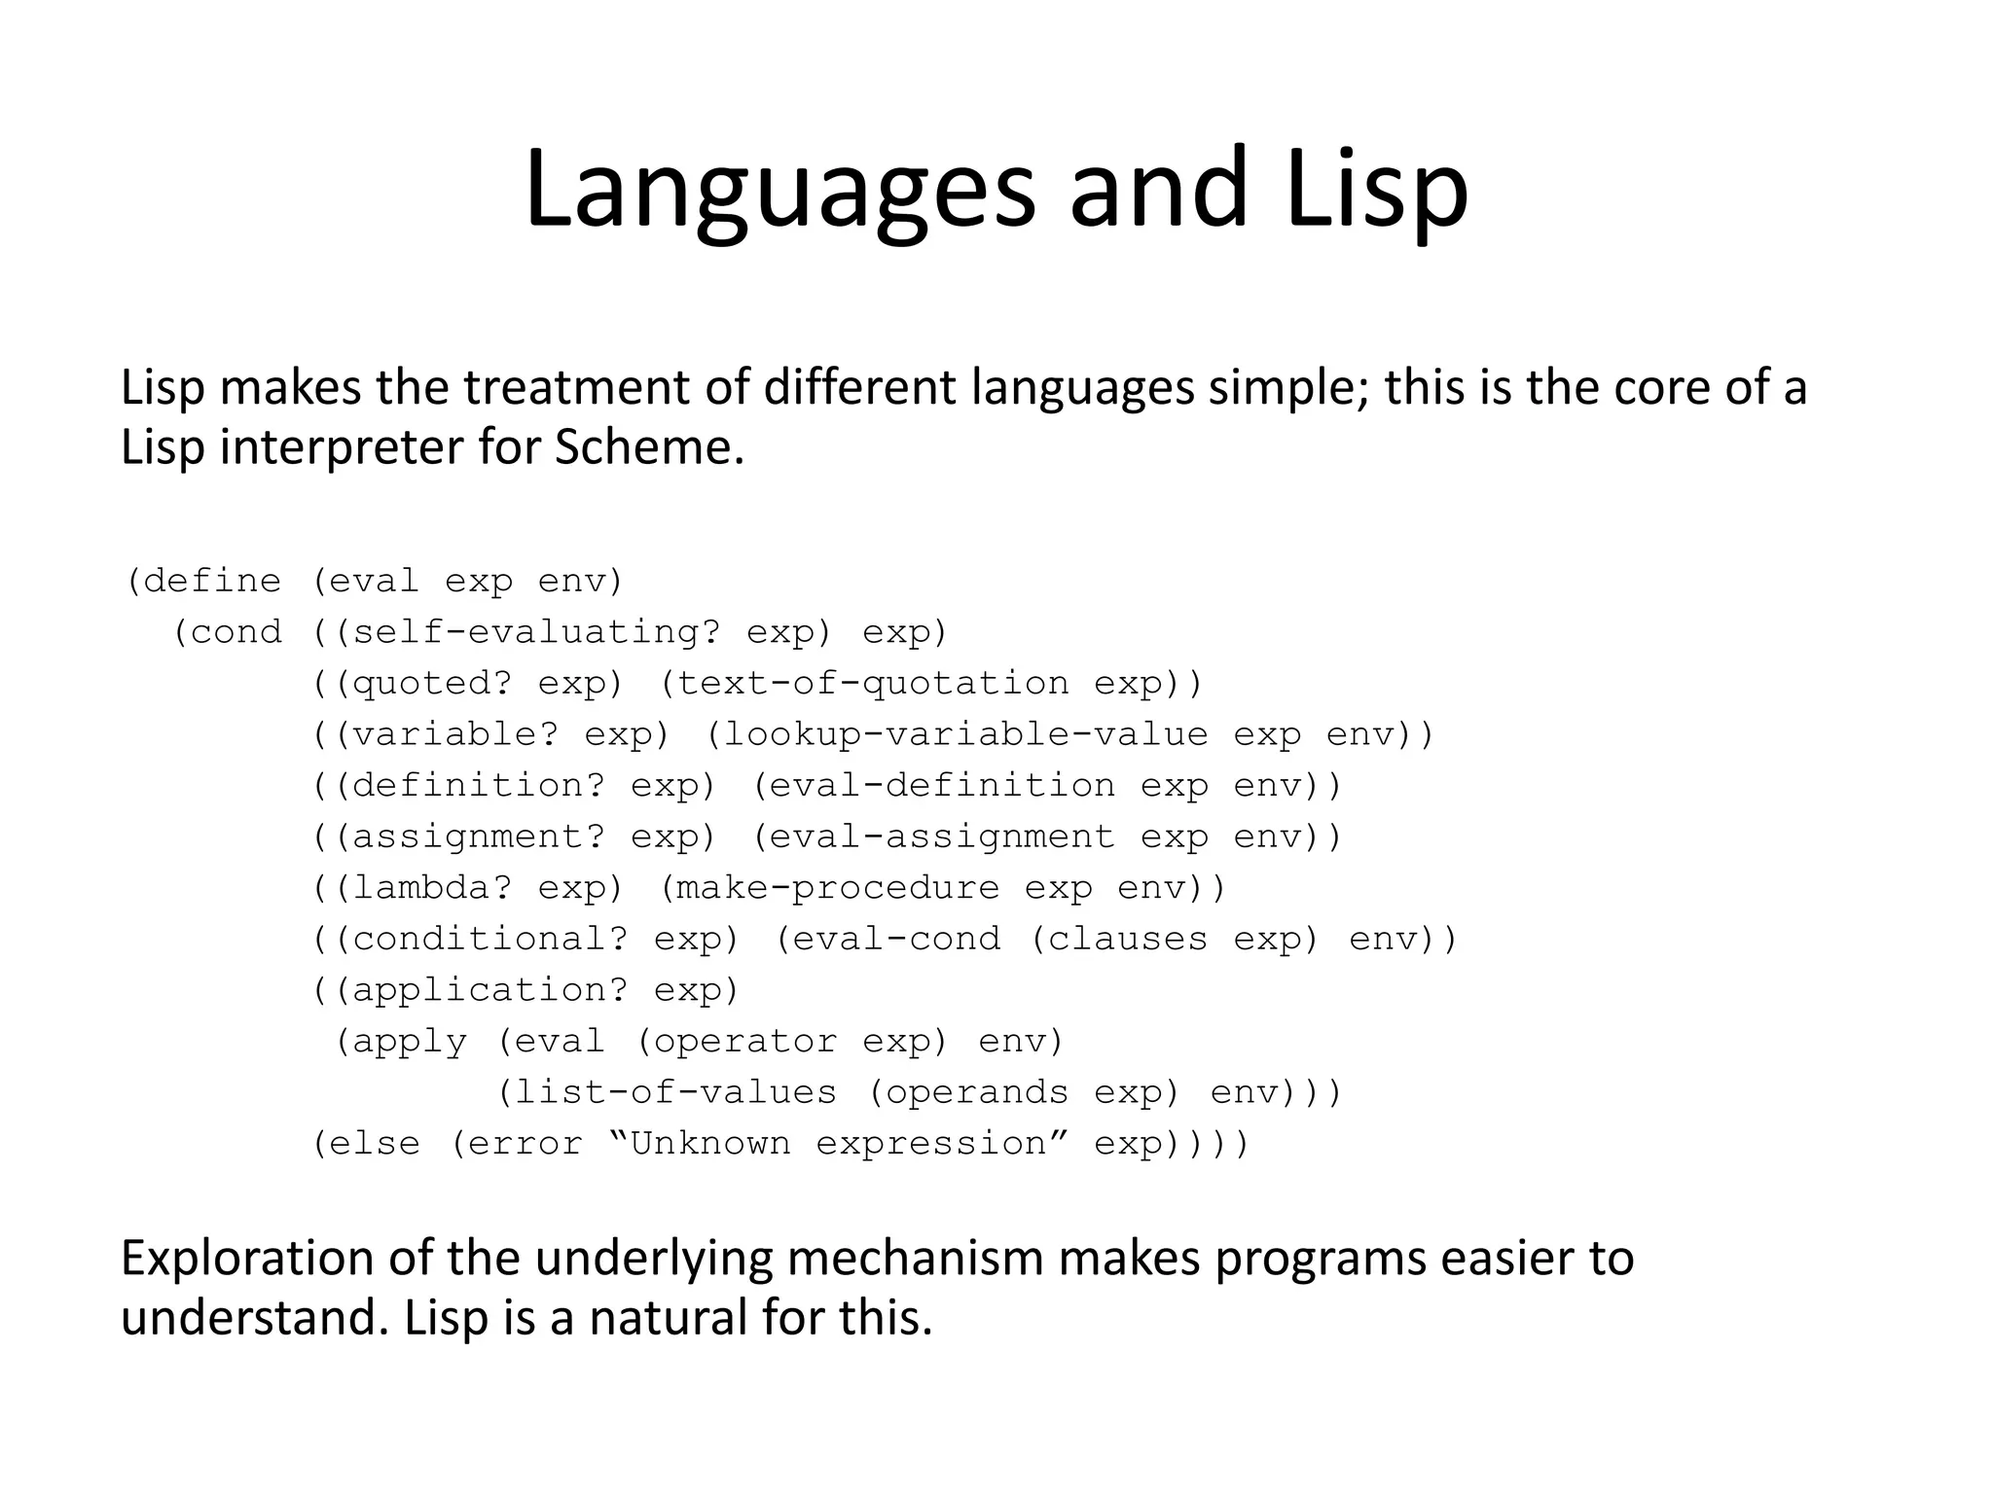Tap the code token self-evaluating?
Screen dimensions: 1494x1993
(x=536, y=632)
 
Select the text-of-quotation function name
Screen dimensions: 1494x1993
(x=872, y=683)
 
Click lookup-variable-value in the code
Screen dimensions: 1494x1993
(x=965, y=734)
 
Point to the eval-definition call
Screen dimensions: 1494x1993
(x=942, y=785)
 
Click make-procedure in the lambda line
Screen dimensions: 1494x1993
(x=837, y=887)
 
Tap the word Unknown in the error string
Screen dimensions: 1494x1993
(x=710, y=1144)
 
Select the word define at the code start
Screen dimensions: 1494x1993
(x=212, y=582)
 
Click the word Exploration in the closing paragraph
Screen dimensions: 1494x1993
(x=247, y=1259)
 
